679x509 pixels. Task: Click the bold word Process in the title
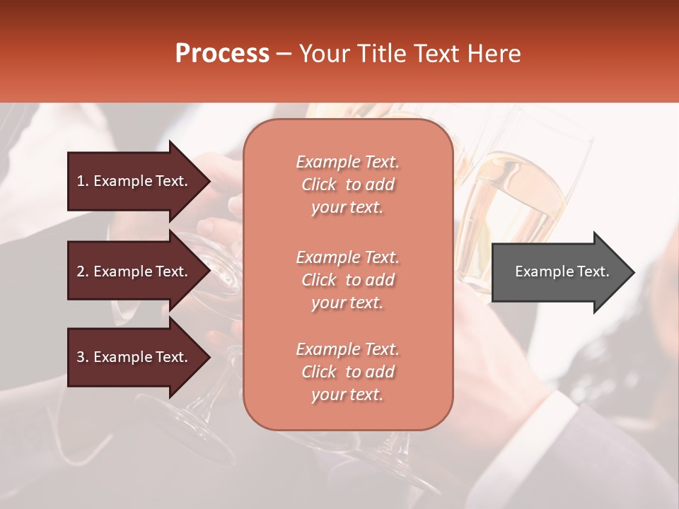(x=222, y=53)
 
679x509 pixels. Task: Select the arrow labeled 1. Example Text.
(x=134, y=181)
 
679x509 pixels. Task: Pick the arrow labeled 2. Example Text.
(x=134, y=271)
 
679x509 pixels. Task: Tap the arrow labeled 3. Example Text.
(x=134, y=357)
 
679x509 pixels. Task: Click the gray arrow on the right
(x=559, y=271)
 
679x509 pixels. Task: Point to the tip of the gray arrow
(x=632, y=272)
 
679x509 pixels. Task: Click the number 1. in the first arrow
(x=83, y=181)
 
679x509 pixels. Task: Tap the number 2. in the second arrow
(x=83, y=271)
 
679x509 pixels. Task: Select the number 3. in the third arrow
(x=83, y=357)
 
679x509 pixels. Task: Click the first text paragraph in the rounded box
(x=347, y=185)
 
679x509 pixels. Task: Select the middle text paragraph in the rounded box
(x=347, y=280)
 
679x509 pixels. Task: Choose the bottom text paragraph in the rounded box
(x=347, y=372)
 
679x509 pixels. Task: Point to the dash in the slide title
(x=284, y=54)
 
